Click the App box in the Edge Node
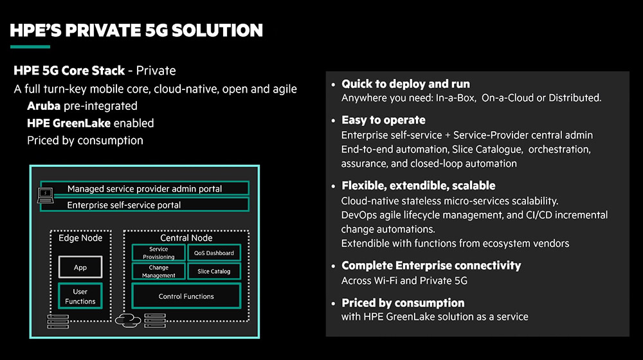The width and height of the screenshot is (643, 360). coord(80,267)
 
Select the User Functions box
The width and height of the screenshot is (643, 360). coord(80,296)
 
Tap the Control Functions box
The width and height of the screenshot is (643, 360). coord(186,296)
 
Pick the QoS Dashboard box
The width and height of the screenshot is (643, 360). coord(214,253)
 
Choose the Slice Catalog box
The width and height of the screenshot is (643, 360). coord(214,271)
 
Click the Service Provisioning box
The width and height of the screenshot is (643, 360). coord(159,253)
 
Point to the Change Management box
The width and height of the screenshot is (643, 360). coord(159,271)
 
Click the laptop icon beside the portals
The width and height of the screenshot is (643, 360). coord(45,195)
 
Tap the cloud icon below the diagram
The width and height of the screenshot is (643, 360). coord(128,320)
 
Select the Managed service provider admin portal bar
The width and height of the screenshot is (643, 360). coord(145,188)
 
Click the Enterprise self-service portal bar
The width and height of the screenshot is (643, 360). coord(145,204)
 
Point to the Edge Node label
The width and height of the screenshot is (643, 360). coord(80,238)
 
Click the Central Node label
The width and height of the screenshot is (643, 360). coord(186,238)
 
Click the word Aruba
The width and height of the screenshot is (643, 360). coord(44,106)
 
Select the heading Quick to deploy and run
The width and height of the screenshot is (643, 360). coord(406,84)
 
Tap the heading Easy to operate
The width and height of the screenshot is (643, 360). coord(383,120)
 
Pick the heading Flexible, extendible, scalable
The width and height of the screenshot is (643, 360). coord(419,186)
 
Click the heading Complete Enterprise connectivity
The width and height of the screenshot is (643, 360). coord(431,265)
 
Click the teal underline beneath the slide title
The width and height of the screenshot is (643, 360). coord(30,47)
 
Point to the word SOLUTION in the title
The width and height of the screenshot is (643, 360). coord(217,31)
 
